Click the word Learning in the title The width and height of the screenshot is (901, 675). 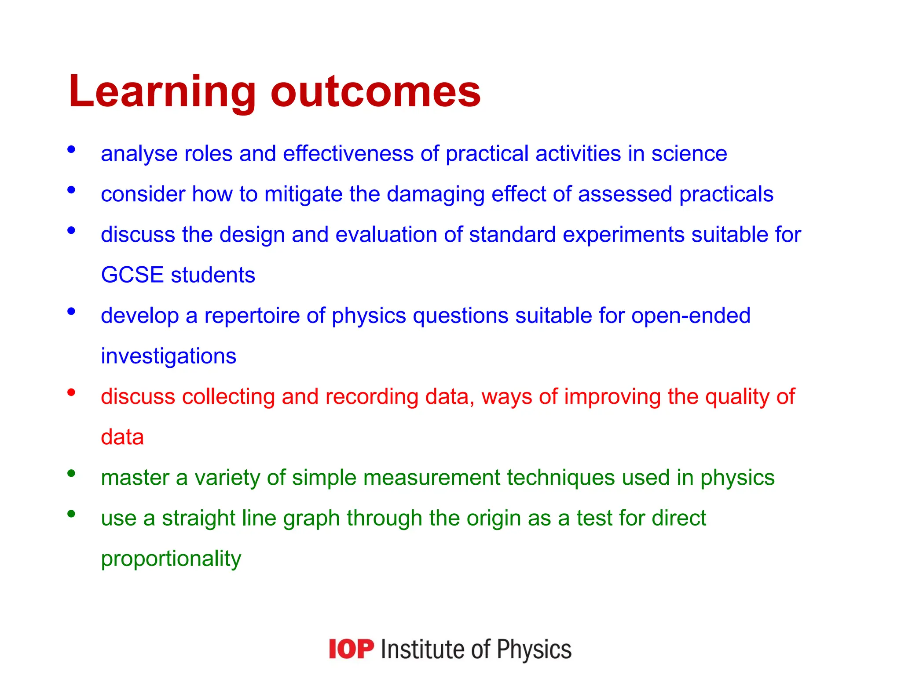click(x=162, y=92)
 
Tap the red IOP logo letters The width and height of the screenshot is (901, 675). click(x=351, y=649)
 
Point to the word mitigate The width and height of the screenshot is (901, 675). click(x=303, y=195)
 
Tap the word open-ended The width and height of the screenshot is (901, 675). click(x=691, y=316)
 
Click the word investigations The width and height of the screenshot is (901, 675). click(x=168, y=356)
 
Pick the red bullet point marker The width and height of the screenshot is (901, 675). click(x=71, y=392)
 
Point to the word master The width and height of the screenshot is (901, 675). click(x=135, y=478)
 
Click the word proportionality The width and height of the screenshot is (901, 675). click(x=171, y=559)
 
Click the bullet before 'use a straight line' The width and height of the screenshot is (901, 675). click(x=71, y=513)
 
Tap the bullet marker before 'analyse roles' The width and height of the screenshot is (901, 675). click(x=71, y=149)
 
